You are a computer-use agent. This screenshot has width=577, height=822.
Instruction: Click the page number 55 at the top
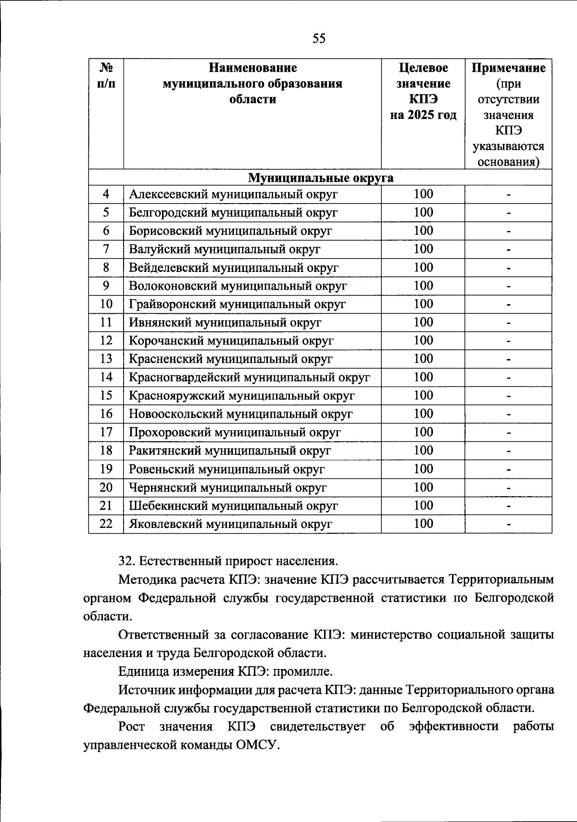pyautogui.click(x=319, y=39)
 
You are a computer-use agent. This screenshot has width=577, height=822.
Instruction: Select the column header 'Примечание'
pyautogui.click(x=508, y=68)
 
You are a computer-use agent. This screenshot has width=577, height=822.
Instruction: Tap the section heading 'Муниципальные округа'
pyautogui.click(x=320, y=178)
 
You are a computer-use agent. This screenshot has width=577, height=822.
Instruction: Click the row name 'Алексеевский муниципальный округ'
pyautogui.click(x=233, y=194)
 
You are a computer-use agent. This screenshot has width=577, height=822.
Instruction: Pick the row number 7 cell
pyautogui.click(x=106, y=249)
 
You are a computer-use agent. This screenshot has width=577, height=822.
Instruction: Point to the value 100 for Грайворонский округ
pyautogui.click(x=423, y=304)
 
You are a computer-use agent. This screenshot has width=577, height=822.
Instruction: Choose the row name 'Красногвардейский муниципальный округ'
pyautogui.click(x=249, y=377)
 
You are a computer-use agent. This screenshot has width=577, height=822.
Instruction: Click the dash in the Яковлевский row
pyautogui.click(x=508, y=525)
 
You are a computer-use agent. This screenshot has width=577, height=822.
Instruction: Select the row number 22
pyautogui.click(x=106, y=524)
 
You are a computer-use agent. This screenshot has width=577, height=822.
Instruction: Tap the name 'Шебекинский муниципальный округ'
pyautogui.click(x=233, y=506)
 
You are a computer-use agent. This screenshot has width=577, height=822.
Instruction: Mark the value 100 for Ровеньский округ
pyautogui.click(x=423, y=469)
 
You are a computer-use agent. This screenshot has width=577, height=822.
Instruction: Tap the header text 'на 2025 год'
pyautogui.click(x=423, y=116)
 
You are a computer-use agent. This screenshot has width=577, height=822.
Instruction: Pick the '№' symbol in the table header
pyautogui.click(x=106, y=68)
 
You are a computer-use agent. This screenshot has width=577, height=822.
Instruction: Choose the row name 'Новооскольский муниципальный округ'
pyautogui.click(x=240, y=414)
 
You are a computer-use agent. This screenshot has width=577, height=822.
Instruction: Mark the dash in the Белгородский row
pyautogui.click(x=508, y=213)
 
